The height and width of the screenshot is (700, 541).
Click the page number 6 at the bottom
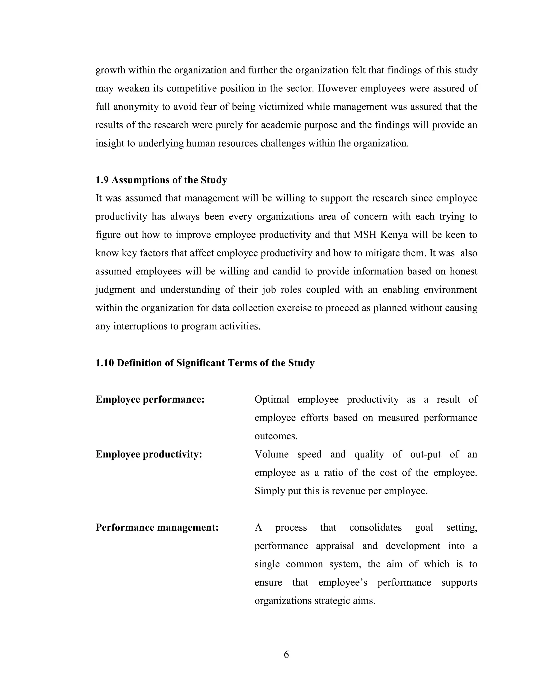[x=286, y=654]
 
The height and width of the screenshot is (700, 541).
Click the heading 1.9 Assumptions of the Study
[x=161, y=180]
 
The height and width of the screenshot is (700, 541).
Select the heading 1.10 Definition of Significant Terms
[x=205, y=363]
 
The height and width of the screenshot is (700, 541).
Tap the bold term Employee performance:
[x=150, y=399]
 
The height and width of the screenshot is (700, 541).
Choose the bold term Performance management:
[x=157, y=527]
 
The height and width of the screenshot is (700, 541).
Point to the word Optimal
[x=272, y=399]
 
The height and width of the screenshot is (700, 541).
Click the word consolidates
[x=375, y=527]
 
